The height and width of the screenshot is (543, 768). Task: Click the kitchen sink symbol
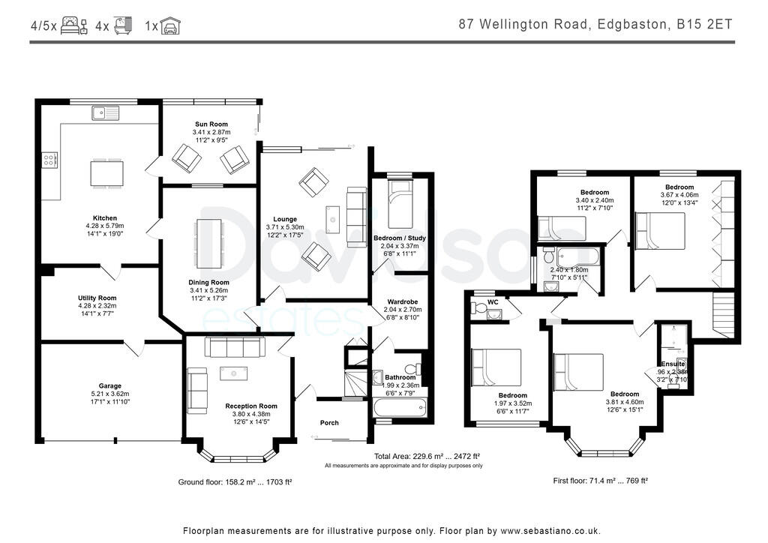pyautogui.click(x=106, y=113)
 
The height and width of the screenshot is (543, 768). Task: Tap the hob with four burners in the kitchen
pyautogui.click(x=50, y=159)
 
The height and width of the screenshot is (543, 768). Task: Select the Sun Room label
pyautogui.click(x=211, y=124)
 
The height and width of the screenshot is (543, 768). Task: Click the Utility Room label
pyautogui.click(x=97, y=298)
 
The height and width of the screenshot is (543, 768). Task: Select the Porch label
pyautogui.click(x=329, y=423)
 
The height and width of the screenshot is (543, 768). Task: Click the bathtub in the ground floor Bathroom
pyautogui.click(x=398, y=409)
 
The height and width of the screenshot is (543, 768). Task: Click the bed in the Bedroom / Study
pyautogui.click(x=398, y=204)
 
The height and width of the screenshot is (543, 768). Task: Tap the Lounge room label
pyautogui.click(x=285, y=220)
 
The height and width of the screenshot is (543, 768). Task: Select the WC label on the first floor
pyautogui.click(x=493, y=302)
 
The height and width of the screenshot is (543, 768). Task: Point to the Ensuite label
pyautogui.click(x=673, y=364)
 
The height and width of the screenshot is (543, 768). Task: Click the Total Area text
pyautogui.click(x=427, y=456)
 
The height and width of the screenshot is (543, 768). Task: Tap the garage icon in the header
pyautogui.click(x=172, y=26)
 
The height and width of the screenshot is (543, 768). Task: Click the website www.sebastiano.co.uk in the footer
pyautogui.click(x=550, y=530)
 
